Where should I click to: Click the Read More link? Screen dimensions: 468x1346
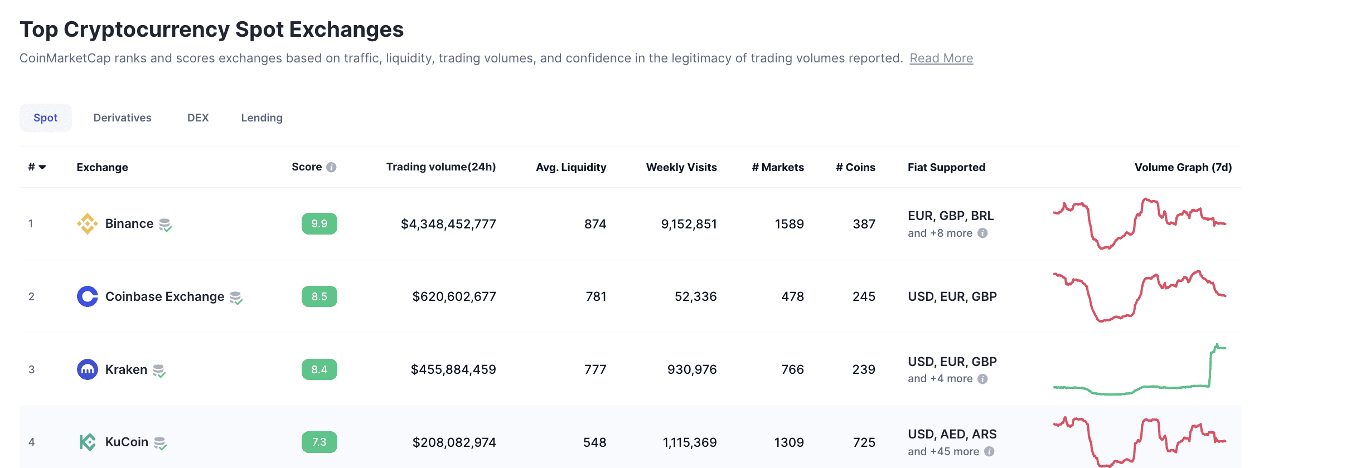click(941, 58)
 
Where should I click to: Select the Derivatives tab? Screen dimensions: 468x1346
click(122, 118)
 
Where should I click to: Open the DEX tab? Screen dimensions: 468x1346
click(198, 118)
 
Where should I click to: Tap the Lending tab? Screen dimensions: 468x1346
click(262, 118)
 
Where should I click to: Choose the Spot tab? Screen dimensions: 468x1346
click(46, 118)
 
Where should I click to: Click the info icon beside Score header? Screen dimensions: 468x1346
click(331, 167)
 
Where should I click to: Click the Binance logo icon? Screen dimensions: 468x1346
click(88, 223)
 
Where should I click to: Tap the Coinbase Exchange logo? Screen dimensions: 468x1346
click(88, 296)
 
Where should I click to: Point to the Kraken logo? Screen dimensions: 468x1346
click(88, 369)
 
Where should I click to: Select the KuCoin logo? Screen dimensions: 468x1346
click(88, 442)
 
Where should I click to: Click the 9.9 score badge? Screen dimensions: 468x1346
click(319, 223)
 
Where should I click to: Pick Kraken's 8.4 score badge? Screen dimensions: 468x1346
click(319, 369)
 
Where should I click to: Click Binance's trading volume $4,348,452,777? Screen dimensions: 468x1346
click(448, 224)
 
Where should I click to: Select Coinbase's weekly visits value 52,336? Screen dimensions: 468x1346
click(695, 296)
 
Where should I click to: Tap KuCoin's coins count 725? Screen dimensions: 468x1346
click(864, 442)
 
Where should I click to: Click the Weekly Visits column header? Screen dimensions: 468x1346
click(681, 167)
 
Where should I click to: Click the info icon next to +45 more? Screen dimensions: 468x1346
click(989, 451)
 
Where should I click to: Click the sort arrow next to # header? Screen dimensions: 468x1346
click(42, 167)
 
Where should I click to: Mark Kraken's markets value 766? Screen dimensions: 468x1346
click(792, 369)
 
